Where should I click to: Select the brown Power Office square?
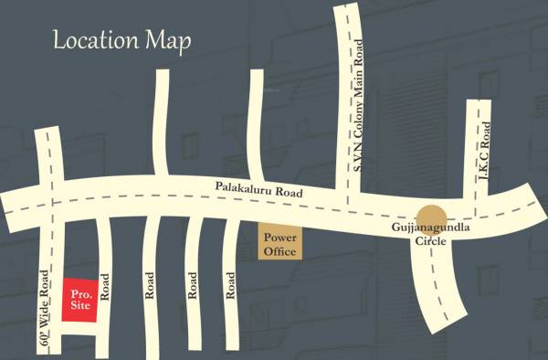coord(279,241)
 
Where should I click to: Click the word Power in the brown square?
coord(279,235)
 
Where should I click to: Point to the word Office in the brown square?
coord(279,249)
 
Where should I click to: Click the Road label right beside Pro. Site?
coord(105,289)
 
